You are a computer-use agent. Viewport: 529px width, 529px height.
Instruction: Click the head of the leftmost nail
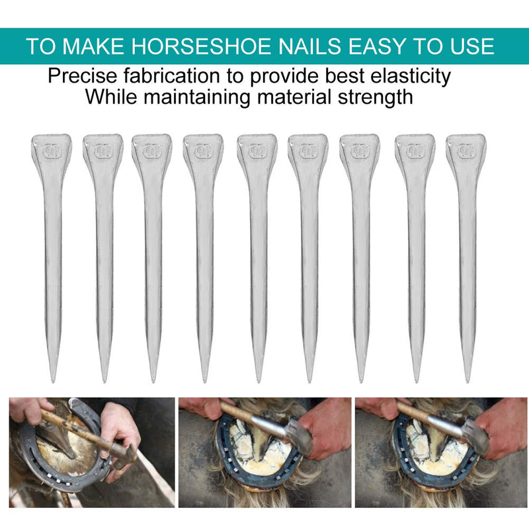(x=51, y=151)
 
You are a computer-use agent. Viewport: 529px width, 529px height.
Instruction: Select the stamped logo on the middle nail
(x=257, y=151)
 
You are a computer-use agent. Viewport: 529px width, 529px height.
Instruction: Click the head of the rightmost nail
(x=466, y=151)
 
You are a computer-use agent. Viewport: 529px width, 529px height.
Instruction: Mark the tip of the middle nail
(x=257, y=381)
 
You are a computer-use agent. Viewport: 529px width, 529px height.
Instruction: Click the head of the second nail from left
(x=102, y=151)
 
